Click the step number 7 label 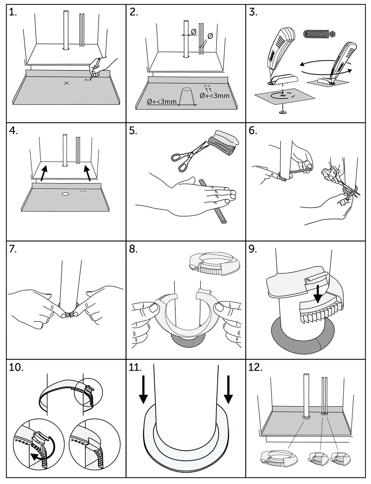tap(13, 249)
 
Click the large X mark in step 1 tap(66, 83)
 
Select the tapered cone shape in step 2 tap(187, 96)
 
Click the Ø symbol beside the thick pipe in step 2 tap(194, 32)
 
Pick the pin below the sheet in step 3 tap(282, 111)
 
